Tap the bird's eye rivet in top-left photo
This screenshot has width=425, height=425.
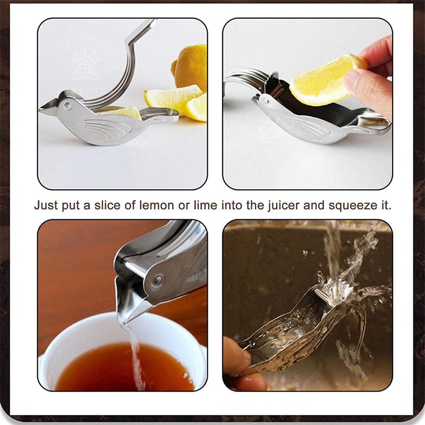[x=67, y=106]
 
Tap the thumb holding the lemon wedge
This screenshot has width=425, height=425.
[x=367, y=85]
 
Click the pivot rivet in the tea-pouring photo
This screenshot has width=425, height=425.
[x=157, y=279]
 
